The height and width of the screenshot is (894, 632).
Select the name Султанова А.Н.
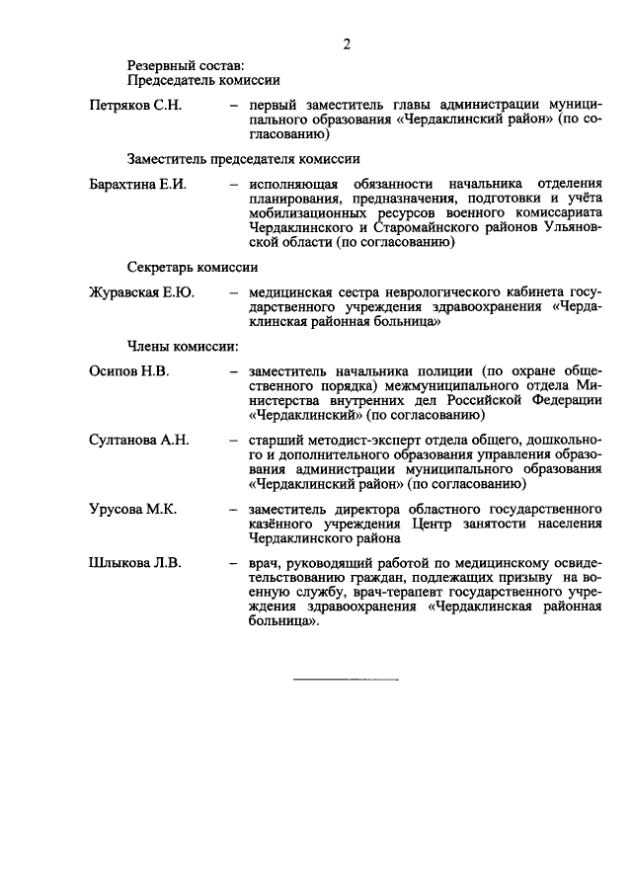click(x=138, y=440)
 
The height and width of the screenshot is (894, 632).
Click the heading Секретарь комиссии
click(x=193, y=266)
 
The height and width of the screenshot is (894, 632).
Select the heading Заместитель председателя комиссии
click(x=243, y=158)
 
